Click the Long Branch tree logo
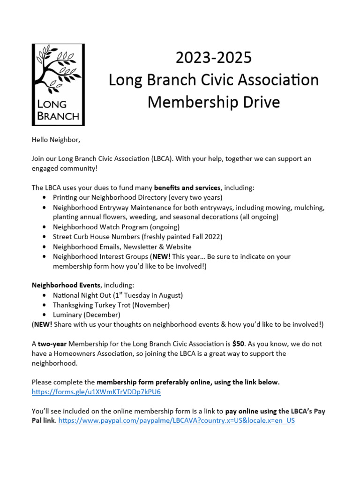(58, 84)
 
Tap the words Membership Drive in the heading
(213, 102)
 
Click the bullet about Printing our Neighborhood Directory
(137, 197)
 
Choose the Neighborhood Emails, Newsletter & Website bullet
(122, 247)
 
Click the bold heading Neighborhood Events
(66, 285)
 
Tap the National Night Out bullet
(118, 295)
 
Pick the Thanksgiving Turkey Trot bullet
(111, 305)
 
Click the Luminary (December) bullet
(87, 315)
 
